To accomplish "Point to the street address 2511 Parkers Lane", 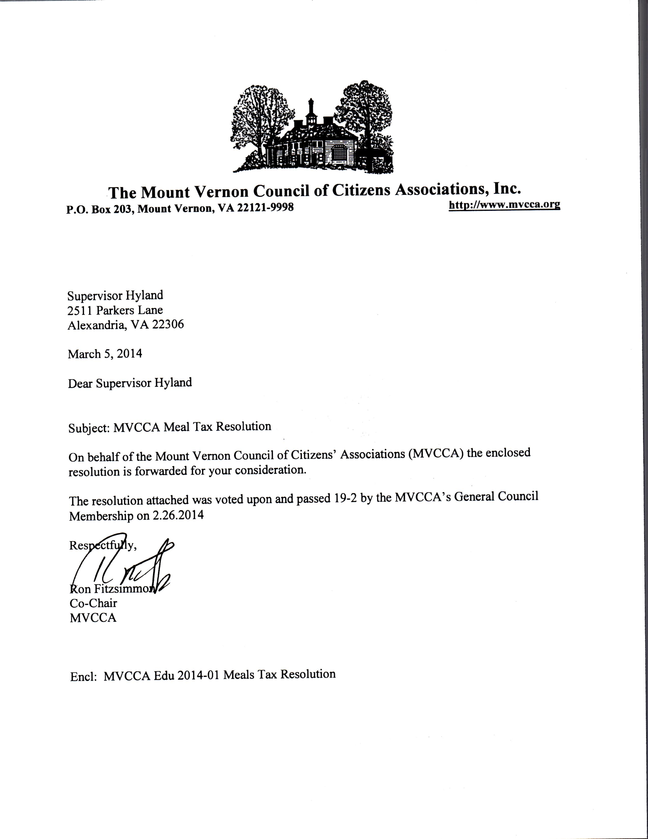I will pos(115,310).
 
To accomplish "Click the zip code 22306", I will pos(168,325).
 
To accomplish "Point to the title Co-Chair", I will pos(93,603).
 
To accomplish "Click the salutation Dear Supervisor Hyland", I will pos(130,383).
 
